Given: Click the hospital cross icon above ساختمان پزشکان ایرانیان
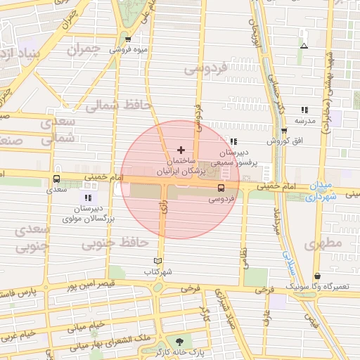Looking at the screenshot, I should (181, 150).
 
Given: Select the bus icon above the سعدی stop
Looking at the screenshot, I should (57, 178).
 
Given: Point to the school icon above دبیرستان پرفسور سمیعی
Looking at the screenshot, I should (233, 141).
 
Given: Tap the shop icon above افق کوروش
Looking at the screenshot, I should (284, 131).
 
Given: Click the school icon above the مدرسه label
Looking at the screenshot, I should (304, 110).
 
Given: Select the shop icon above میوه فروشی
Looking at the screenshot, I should (127, 39).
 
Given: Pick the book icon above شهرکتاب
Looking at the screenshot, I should (157, 260).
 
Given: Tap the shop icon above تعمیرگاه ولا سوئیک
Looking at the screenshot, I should (318, 276).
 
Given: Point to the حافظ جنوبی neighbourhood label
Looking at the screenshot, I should (115, 243).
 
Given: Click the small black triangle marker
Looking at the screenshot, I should (304, 46).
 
